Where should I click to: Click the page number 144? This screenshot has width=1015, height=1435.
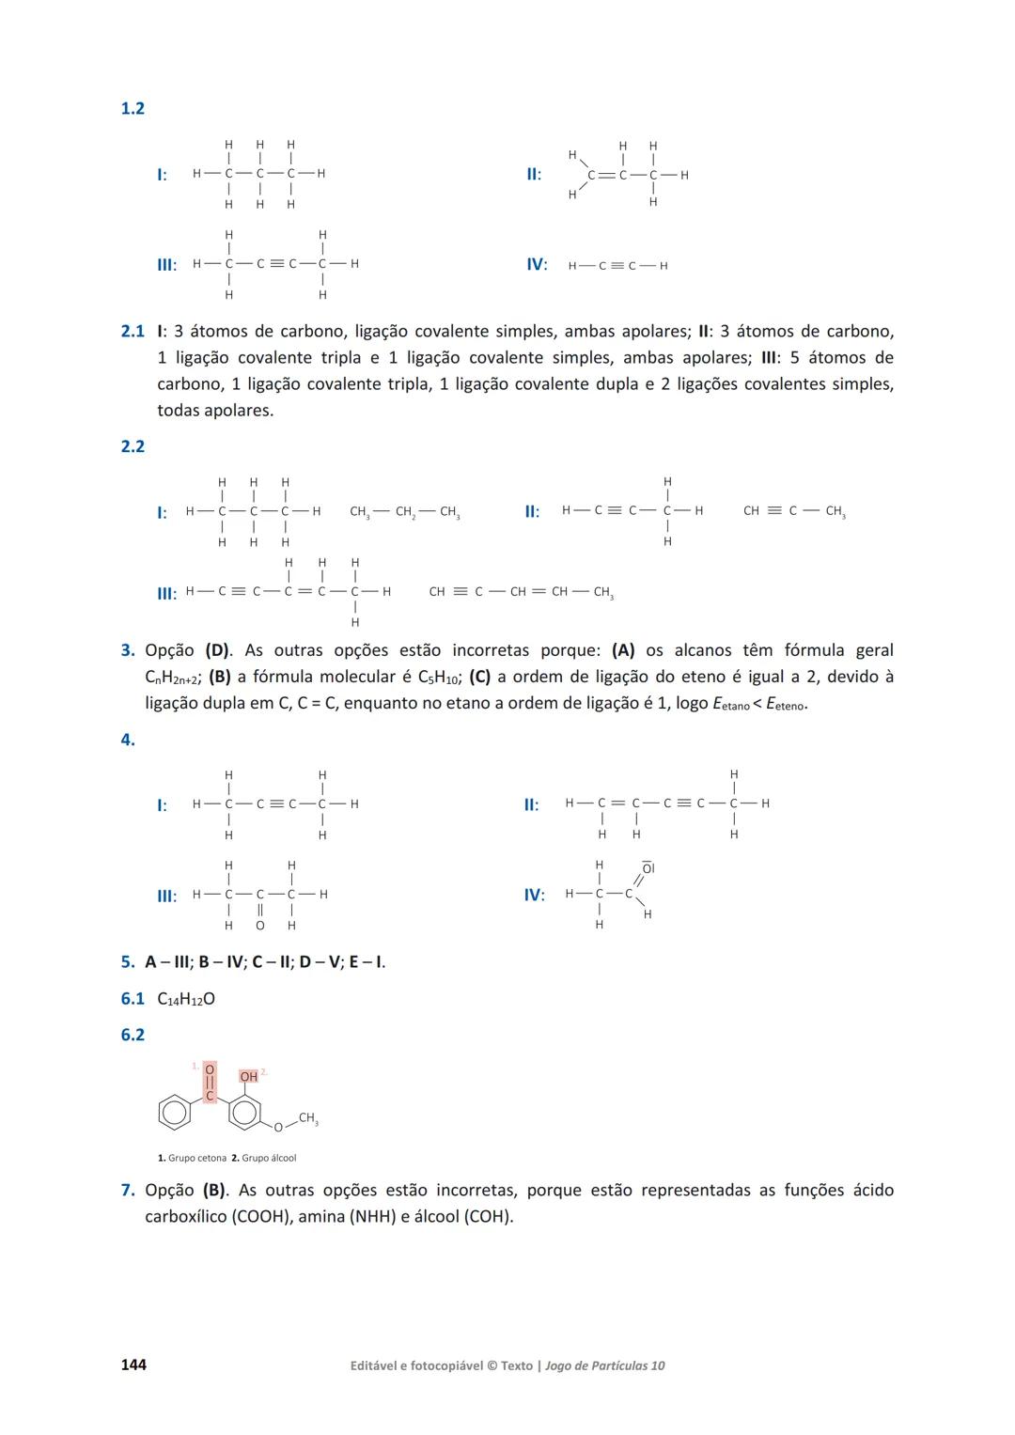point(133,1365)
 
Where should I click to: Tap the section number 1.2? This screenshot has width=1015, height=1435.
point(133,108)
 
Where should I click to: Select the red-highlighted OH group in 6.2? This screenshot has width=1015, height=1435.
point(248,1076)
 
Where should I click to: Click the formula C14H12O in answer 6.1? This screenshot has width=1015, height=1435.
point(186,999)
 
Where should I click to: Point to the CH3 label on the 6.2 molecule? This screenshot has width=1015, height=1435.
point(308,1118)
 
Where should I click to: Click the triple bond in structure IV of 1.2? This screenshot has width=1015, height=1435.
point(617,266)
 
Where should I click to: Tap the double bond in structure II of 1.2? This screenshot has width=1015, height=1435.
point(607,176)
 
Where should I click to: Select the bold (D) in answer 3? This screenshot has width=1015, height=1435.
point(218,650)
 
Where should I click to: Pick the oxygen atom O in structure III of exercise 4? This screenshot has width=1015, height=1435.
point(260,926)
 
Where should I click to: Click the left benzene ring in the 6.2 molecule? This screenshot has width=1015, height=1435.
point(174,1114)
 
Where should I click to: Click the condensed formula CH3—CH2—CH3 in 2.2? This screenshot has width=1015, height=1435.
point(404,512)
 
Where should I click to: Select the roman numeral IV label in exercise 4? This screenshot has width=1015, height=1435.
point(534,895)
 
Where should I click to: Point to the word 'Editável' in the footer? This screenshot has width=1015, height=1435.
point(372,1365)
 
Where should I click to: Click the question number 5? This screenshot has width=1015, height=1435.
point(127,961)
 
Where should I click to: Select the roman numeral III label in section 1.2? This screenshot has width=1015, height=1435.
point(166,265)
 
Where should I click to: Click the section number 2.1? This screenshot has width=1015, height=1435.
point(133,331)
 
